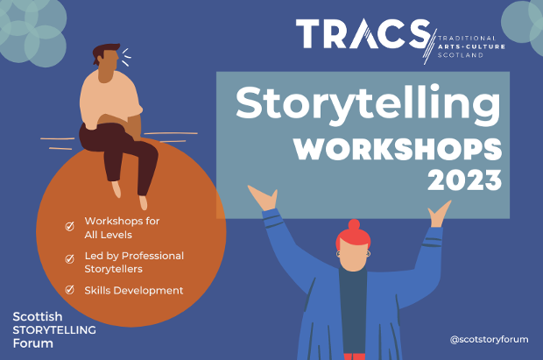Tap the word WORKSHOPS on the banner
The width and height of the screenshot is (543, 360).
(398, 150)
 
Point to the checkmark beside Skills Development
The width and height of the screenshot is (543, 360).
(69, 290)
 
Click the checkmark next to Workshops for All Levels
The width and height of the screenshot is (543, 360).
(69, 226)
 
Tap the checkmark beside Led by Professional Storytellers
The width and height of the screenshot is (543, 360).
(69, 258)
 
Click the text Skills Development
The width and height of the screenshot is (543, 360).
(133, 290)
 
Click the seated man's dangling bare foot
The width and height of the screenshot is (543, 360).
(117, 187)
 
